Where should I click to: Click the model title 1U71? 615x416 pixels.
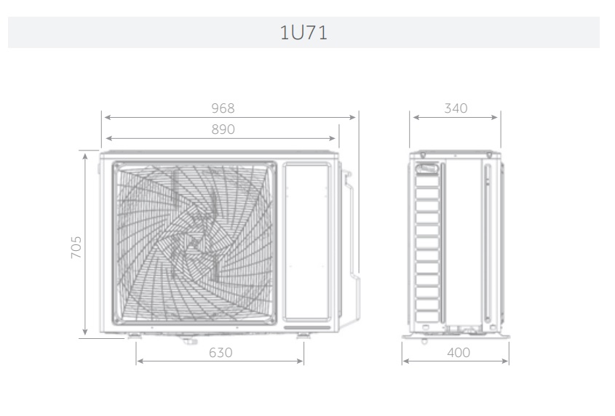click(303, 33)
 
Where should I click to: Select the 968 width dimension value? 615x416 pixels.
click(223, 108)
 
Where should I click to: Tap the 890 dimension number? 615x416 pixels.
click(223, 129)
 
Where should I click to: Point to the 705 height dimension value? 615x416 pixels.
click(76, 247)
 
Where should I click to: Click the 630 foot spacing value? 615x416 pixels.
click(221, 353)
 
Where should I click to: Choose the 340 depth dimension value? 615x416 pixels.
click(456, 108)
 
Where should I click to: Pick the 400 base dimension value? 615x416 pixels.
click(459, 353)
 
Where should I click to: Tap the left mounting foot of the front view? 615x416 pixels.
click(134, 335)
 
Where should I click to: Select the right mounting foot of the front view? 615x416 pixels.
click(303, 335)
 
